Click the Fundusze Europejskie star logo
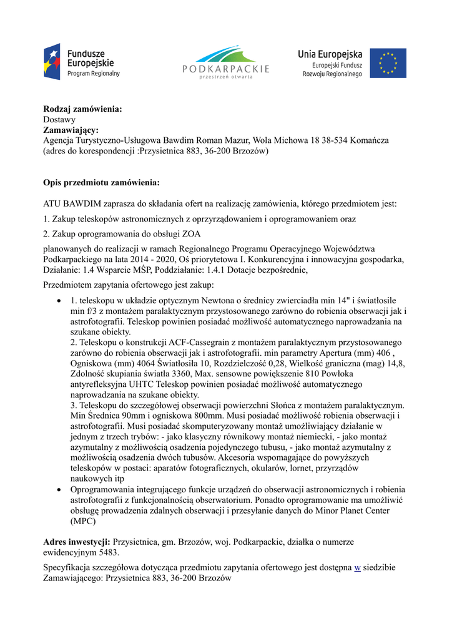(x=52, y=61)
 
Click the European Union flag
(x=388, y=63)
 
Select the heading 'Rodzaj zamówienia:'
(x=82, y=109)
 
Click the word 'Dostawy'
(x=59, y=119)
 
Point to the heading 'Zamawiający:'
(x=71, y=130)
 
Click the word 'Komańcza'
(x=368, y=140)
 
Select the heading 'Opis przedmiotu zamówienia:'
(x=101, y=182)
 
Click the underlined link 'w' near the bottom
(x=358, y=568)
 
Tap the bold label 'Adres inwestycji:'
(x=77, y=542)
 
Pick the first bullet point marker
(x=59, y=300)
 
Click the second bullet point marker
(x=59, y=490)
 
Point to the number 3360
(x=180, y=374)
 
